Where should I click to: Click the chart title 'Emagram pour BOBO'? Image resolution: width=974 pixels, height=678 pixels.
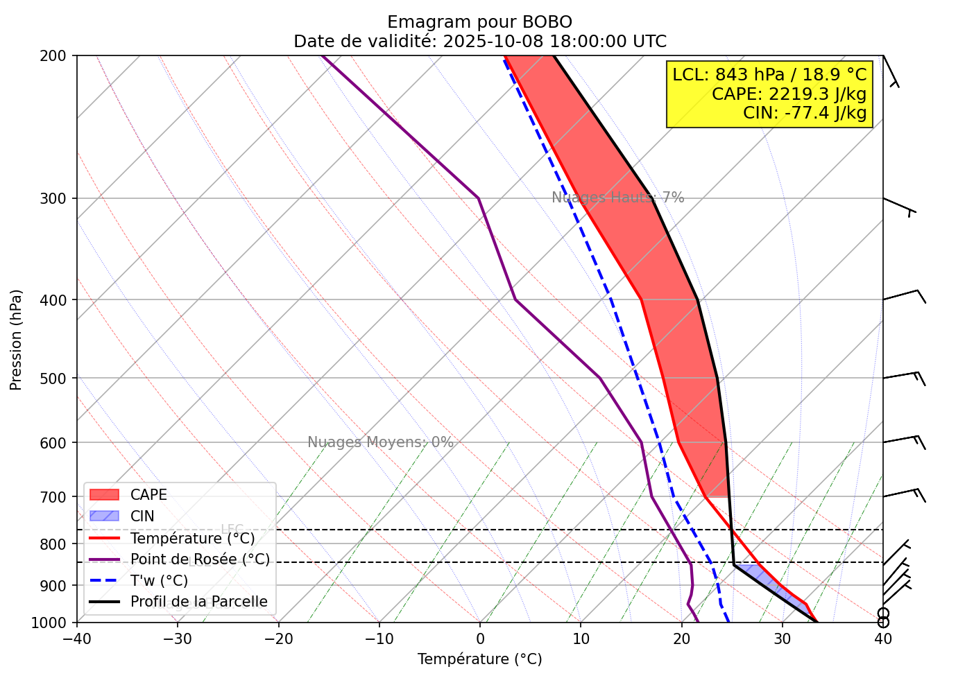(x=479, y=22)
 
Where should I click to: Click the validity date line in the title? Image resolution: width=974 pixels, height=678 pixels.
(x=479, y=42)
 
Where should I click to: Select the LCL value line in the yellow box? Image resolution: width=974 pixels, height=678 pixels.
(x=769, y=75)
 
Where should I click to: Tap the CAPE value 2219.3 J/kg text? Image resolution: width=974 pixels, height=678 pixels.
(x=789, y=94)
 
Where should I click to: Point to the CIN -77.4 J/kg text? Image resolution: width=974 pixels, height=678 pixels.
(x=805, y=112)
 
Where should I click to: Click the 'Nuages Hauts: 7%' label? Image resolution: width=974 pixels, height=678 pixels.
(x=617, y=198)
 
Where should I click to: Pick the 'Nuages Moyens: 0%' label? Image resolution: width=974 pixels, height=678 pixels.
(x=380, y=442)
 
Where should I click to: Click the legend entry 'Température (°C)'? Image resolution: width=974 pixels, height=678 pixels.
(x=192, y=538)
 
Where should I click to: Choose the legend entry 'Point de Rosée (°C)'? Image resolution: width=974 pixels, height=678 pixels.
(x=200, y=559)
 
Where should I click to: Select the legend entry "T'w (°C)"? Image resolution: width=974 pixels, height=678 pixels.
(x=159, y=580)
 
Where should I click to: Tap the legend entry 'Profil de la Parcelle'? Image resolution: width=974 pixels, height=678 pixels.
(x=198, y=602)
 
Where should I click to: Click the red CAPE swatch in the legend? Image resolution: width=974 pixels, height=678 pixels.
(x=105, y=495)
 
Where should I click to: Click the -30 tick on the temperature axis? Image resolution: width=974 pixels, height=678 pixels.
(x=177, y=638)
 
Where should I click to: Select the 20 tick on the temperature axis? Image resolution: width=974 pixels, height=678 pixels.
(x=681, y=638)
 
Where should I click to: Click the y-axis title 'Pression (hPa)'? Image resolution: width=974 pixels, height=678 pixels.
(x=17, y=340)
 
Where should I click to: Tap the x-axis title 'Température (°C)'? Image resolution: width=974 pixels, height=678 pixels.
(x=479, y=659)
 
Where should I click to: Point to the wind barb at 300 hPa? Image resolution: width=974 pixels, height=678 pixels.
(x=900, y=205)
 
